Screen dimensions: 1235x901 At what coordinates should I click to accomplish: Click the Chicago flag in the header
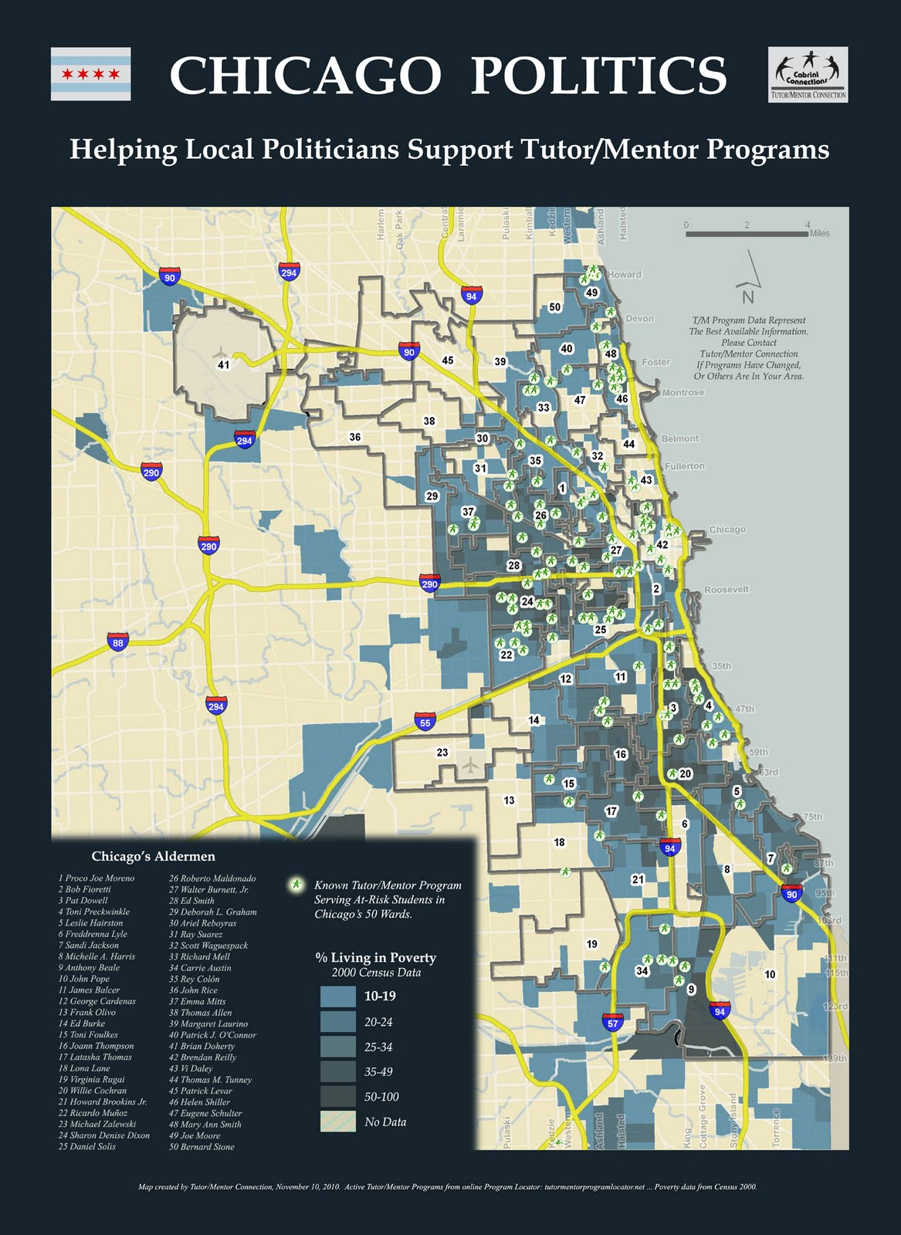click(90, 74)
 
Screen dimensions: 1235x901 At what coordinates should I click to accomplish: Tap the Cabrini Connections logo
click(808, 74)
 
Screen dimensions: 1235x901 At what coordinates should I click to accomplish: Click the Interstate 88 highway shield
click(117, 642)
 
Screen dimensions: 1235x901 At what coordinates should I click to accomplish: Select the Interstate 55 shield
click(425, 721)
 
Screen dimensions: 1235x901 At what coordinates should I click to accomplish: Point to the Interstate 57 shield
click(612, 1023)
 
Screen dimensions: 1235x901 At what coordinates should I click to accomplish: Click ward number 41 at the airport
click(223, 365)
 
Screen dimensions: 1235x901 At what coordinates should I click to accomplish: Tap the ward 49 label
click(592, 293)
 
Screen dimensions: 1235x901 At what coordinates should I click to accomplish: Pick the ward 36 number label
click(354, 437)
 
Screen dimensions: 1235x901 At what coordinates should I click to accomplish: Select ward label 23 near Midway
click(442, 752)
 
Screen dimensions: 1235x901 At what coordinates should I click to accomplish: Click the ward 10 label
click(770, 975)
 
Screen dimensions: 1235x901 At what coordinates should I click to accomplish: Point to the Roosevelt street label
click(726, 590)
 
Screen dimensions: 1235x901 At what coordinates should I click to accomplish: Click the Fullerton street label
click(684, 466)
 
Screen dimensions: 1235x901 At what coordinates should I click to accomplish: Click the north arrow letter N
click(747, 297)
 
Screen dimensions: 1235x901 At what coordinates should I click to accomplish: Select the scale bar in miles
click(747, 233)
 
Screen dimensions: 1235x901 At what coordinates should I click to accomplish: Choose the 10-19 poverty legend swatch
click(337, 996)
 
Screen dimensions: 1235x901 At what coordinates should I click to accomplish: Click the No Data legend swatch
click(337, 1122)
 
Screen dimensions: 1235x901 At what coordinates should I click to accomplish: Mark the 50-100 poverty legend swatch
click(337, 1096)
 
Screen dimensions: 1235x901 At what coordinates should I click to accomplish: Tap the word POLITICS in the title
click(598, 76)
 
